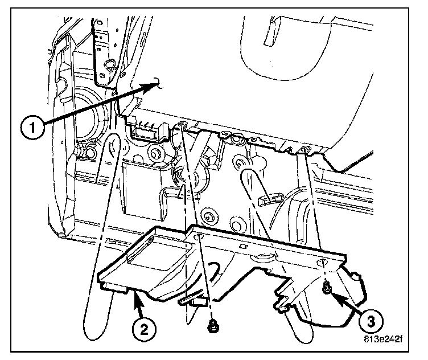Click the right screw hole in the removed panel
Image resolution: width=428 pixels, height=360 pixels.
pyautogui.click(x=323, y=263)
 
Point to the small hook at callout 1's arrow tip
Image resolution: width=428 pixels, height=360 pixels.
pyautogui.click(x=161, y=85)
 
